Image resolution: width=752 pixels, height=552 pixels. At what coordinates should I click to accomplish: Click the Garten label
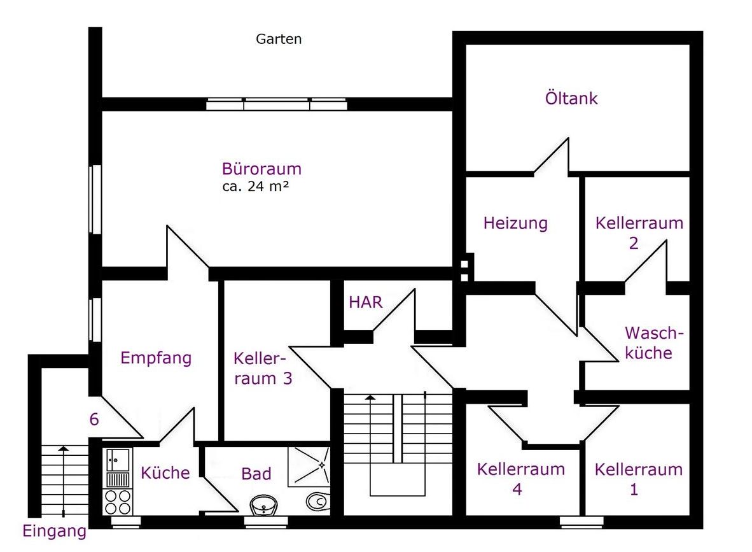tap(279, 39)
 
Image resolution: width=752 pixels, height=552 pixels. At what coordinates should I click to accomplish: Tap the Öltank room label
tap(571, 98)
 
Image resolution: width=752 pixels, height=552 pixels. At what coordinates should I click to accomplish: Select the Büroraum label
tap(261, 169)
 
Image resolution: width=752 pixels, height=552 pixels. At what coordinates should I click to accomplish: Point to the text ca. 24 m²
tap(255, 187)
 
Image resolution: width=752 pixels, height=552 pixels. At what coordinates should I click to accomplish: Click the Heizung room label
tap(515, 223)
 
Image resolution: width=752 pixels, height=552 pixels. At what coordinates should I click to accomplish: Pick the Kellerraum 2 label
tap(639, 233)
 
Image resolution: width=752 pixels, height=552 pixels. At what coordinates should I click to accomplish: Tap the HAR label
tap(365, 302)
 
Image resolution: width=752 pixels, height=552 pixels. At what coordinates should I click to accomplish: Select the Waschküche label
tap(653, 343)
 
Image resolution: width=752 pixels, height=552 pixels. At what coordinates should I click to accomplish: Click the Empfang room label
tap(156, 358)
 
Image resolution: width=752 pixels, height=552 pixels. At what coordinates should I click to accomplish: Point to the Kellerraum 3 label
tap(263, 368)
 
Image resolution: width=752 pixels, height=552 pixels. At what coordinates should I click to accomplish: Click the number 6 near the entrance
tap(94, 419)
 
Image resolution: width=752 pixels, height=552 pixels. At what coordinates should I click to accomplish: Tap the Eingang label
tap(54, 532)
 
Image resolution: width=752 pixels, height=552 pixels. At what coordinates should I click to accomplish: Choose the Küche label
tap(165, 473)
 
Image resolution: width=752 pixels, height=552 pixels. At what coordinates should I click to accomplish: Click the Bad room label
tap(256, 474)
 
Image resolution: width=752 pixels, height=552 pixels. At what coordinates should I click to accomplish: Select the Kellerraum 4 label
tap(520, 479)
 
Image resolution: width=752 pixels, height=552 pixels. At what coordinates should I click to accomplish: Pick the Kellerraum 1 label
tap(638, 479)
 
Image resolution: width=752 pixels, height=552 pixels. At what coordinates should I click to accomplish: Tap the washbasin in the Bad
tap(263, 506)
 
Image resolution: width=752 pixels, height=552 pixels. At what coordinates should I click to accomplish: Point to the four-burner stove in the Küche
tap(118, 502)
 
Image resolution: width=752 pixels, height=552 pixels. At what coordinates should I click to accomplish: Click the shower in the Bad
tap(309, 465)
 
